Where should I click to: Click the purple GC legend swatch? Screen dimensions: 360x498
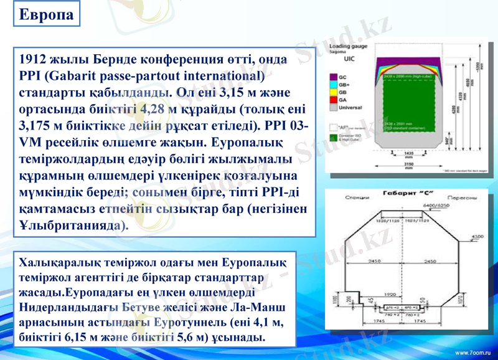pyautogui.click(x=334, y=75)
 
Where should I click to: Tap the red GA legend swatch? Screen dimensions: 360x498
pyautogui.click(x=334, y=99)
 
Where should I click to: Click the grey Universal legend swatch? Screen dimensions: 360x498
pyautogui.click(x=334, y=107)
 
